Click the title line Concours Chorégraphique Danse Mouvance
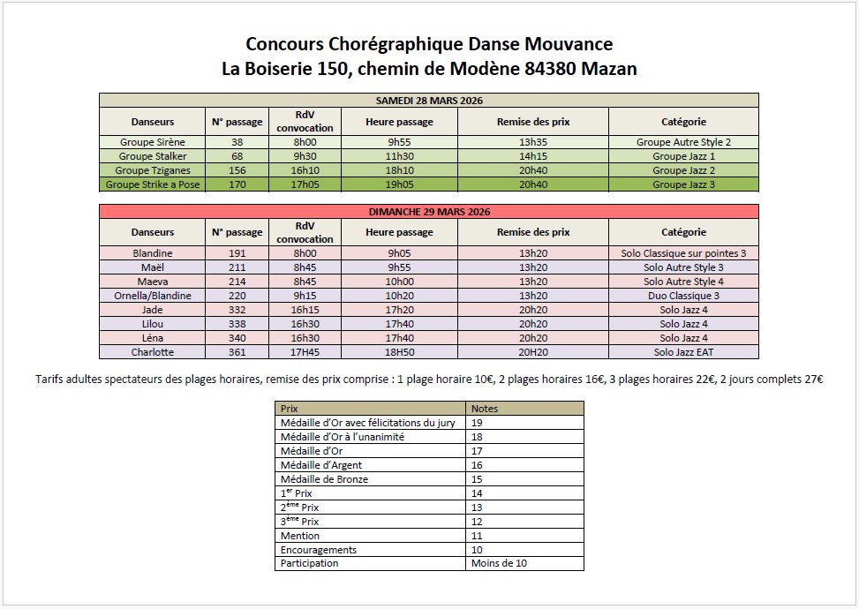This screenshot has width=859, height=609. coord(429,44)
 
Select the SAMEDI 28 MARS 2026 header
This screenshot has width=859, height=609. coord(428,100)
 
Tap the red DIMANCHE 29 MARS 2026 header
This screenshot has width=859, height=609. coord(428,212)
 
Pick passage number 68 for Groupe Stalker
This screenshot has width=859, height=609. coord(237,156)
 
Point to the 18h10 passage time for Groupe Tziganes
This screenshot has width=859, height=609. coord(399,170)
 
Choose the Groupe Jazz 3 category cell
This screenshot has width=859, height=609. coord(683,184)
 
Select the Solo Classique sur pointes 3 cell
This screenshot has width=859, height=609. coord(683,253)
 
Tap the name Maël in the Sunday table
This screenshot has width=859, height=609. coord(153,267)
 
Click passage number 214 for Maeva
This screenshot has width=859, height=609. coord(237,282)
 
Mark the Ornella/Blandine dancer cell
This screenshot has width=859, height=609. coord(153,296)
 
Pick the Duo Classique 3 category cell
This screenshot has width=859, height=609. coord(683,296)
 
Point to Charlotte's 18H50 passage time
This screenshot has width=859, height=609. coord(399,352)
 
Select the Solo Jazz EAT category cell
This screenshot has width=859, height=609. coord(683,352)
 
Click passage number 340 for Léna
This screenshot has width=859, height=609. coord(237,338)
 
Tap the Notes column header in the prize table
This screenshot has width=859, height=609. coord(485,409)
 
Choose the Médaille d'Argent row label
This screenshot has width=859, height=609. coord(320,465)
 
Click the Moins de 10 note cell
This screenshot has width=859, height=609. coord(499,563)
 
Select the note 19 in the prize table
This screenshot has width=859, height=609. coord(478,423)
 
